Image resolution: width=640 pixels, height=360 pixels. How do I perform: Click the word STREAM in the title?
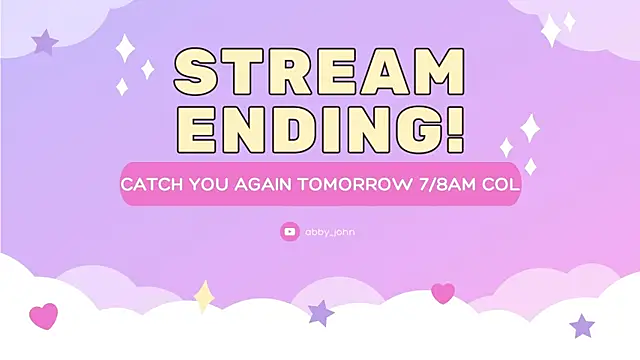pos(319,73)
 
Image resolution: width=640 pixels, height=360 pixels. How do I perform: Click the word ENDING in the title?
pos(305,130)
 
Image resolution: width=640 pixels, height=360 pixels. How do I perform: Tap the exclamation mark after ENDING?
pos(453,130)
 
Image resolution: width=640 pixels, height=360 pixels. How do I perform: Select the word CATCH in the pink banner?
pos(149,186)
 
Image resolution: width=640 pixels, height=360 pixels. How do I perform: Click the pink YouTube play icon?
pos(290,231)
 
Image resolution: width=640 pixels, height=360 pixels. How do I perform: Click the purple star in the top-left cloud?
pos(45,42)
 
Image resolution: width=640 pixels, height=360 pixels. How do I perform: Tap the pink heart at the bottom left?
pos(43,317)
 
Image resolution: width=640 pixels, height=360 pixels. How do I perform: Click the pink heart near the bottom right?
pos(443,293)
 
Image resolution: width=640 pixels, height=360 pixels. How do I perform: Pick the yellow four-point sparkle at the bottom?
pos(204,296)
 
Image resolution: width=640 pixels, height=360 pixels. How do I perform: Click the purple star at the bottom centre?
pos(321,313)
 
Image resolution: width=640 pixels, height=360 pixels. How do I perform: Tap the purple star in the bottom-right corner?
pos(582,325)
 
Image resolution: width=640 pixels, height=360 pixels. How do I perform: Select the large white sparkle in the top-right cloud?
pos(551,30)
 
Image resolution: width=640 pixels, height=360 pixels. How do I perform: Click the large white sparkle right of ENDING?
pos(530,127)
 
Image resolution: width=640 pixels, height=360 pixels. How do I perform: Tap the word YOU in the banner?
pos(204,186)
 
